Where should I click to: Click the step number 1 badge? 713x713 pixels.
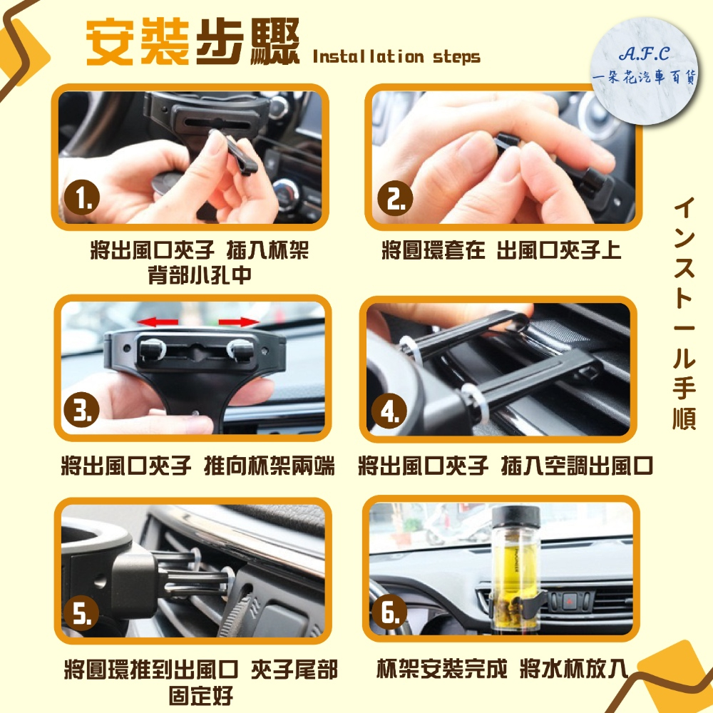pyautogui.click(x=82, y=198)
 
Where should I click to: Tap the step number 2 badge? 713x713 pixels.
pyautogui.click(x=395, y=198)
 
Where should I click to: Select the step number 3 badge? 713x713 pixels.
pyautogui.click(x=82, y=409)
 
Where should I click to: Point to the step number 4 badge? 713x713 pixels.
pyautogui.click(x=389, y=411)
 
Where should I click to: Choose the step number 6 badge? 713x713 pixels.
pyautogui.click(x=389, y=612)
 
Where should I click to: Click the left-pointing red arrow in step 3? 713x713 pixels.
pyautogui.click(x=158, y=322)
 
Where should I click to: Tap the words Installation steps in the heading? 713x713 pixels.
pyautogui.click(x=396, y=57)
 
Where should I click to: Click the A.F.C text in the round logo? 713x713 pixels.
pyautogui.click(x=644, y=54)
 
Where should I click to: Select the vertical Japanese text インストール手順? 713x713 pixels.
pyautogui.click(x=684, y=314)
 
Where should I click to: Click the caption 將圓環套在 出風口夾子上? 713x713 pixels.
pyautogui.click(x=501, y=250)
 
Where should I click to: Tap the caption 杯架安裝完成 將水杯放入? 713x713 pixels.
pyautogui.click(x=503, y=669)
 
